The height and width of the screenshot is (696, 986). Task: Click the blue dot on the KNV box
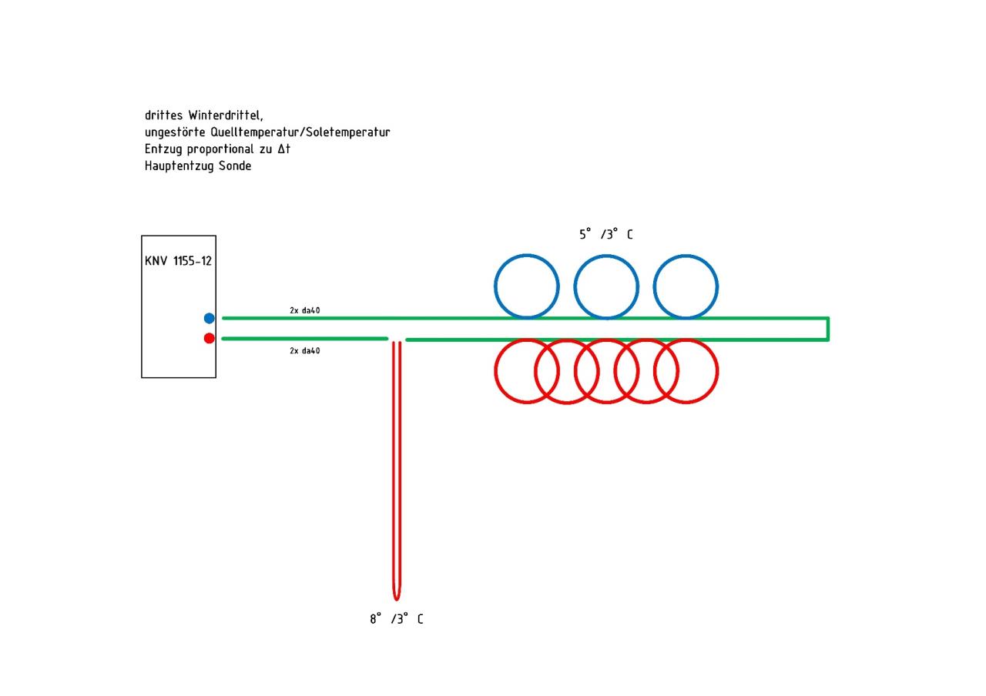click(209, 318)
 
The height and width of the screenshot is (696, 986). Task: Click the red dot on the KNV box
click(209, 338)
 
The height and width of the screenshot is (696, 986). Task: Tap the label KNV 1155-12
click(178, 261)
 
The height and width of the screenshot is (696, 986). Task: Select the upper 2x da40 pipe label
click(305, 310)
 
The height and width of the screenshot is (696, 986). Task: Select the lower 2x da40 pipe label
click(305, 351)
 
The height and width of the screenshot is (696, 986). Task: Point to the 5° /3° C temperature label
click(605, 235)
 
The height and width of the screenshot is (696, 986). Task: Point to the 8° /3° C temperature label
click(396, 619)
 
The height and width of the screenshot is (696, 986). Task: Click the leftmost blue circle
click(526, 286)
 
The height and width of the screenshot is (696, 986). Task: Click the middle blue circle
click(606, 286)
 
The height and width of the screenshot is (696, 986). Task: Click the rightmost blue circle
click(686, 286)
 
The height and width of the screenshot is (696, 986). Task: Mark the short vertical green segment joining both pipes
click(828, 329)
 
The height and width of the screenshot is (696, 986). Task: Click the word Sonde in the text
click(235, 166)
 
